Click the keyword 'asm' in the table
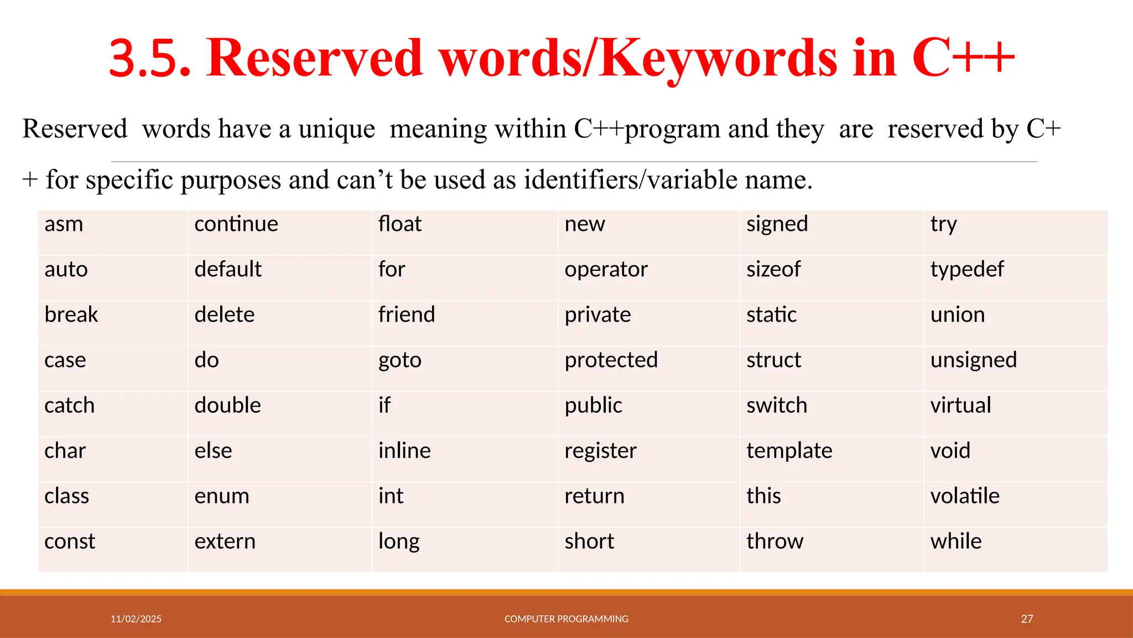64,224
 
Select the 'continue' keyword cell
236,224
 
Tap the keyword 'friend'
407,315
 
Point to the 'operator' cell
606,270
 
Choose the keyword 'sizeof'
773,270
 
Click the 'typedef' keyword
967,270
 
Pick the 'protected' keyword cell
611,361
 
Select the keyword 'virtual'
961,405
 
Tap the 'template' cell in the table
789,451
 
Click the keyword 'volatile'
965,496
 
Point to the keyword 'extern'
225,542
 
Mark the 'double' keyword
228,405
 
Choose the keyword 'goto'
400,361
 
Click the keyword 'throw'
775,542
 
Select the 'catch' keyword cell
70,405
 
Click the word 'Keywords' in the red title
719,58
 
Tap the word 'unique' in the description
337,129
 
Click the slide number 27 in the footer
1027,619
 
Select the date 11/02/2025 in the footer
136,619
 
